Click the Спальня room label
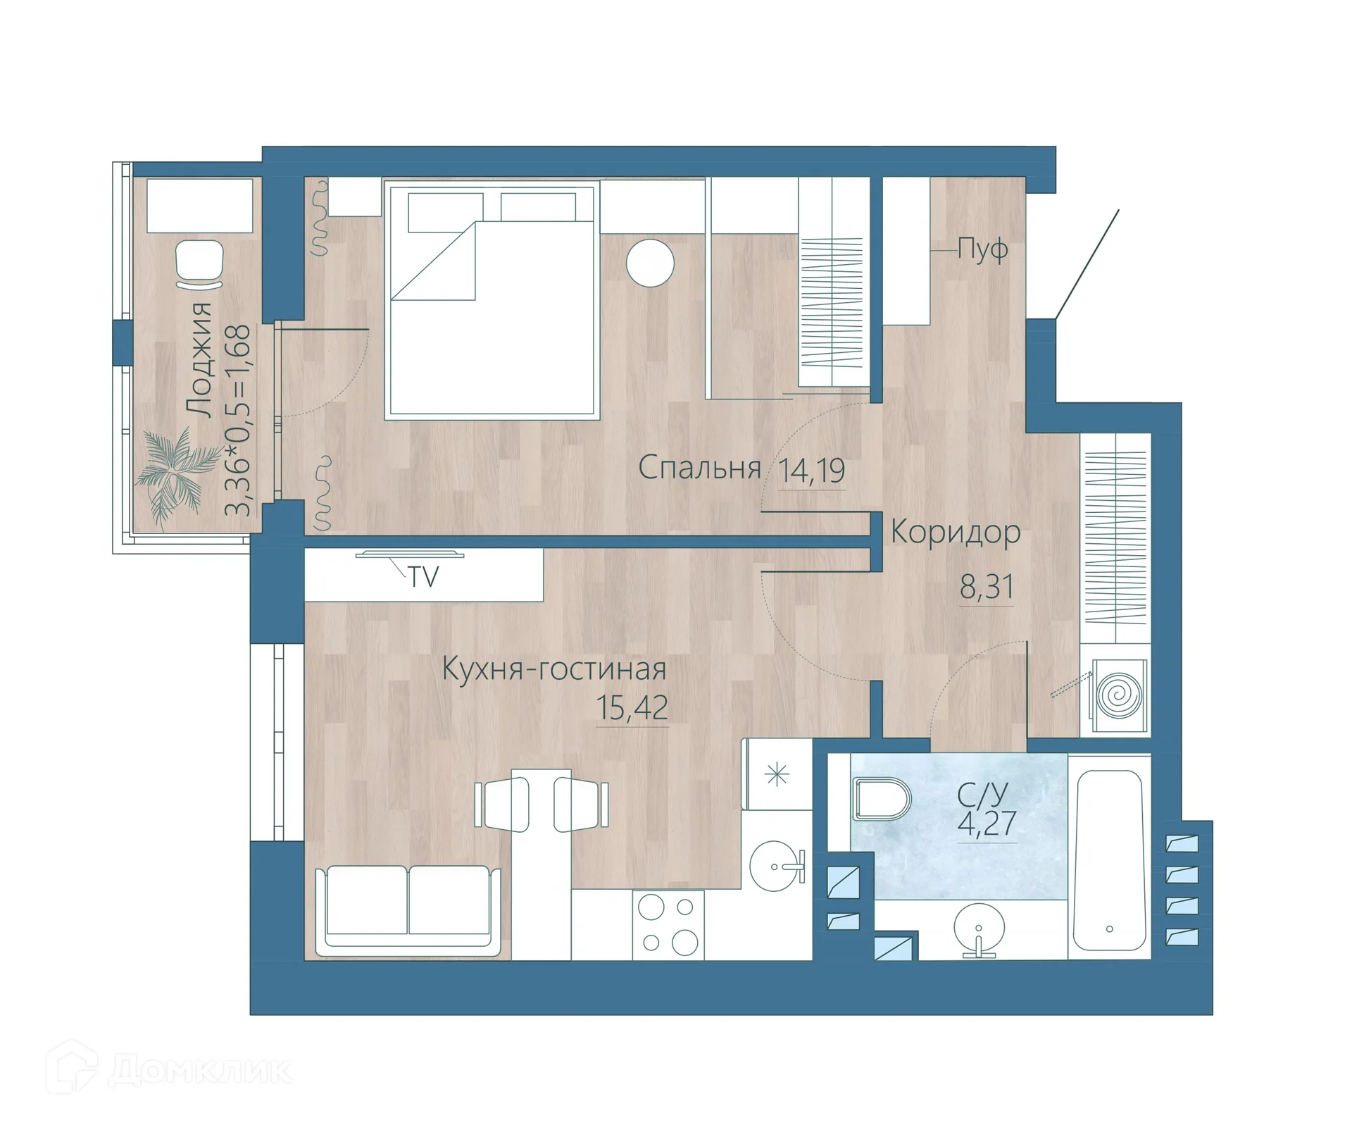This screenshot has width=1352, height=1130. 699,468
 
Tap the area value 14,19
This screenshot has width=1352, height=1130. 812,471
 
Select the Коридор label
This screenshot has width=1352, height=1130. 956,533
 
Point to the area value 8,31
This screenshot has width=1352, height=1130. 986,586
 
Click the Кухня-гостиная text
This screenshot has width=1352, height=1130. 553,669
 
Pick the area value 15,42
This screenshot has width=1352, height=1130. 632,707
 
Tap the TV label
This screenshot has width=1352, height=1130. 424,578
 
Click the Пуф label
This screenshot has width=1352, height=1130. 983,249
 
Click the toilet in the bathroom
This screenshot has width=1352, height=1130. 880,799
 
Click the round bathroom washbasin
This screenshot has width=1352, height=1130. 978,929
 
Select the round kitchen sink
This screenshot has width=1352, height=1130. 775,866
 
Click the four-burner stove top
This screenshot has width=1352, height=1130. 668,925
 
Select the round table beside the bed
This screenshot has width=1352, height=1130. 650,263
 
